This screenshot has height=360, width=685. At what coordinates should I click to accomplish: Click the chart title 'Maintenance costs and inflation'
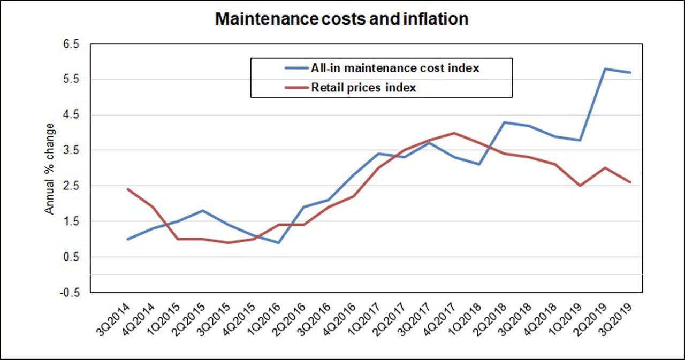pyautogui.click(x=341, y=19)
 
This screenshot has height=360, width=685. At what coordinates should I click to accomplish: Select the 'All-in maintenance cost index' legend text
pyautogui.click(x=395, y=68)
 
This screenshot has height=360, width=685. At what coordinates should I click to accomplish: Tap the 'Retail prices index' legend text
pyautogui.click(x=363, y=88)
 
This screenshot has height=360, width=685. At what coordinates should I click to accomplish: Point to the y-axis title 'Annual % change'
pyautogui.click(x=49, y=168)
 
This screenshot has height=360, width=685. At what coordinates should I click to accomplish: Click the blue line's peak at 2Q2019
pyautogui.click(x=605, y=68)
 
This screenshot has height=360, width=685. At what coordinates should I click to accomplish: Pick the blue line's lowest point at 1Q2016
pyautogui.click(x=278, y=243)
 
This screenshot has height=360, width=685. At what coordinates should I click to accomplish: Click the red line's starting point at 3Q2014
pyautogui.click(x=127, y=189)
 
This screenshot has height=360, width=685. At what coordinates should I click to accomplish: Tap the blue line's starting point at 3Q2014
pyautogui.click(x=127, y=239)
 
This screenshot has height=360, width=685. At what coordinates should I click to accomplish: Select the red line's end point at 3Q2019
pyautogui.click(x=630, y=182)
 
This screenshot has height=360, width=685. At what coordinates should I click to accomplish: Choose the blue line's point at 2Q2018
pyautogui.click(x=505, y=122)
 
